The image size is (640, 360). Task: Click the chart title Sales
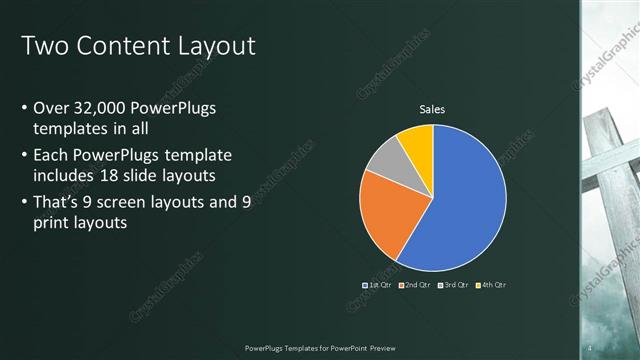[x=432, y=110]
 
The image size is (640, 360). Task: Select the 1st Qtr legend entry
[x=377, y=285]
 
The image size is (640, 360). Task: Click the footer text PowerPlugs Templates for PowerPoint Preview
[x=319, y=348]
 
